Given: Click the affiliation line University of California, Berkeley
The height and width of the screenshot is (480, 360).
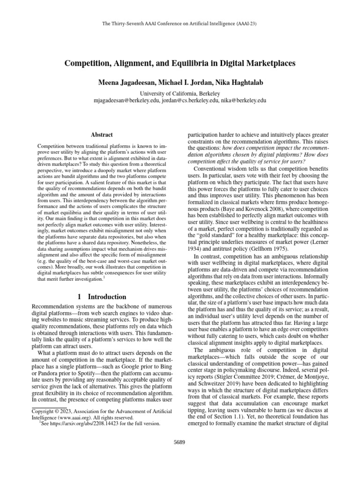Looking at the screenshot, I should click(x=180, y=93).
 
